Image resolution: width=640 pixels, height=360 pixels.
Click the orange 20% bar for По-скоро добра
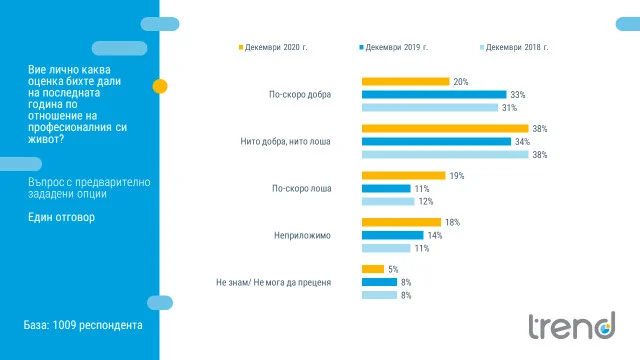coord(405,82)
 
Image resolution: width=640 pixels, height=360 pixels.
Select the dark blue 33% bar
coord(434,95)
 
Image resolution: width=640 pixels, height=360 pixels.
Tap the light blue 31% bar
coord(430,108)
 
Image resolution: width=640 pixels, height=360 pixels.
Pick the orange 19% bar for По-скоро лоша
coord(403,176)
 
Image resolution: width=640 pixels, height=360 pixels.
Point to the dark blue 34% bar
coord(436,142)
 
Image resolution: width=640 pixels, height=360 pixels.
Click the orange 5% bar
coord(373,269)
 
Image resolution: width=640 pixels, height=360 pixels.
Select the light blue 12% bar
coord(388,201)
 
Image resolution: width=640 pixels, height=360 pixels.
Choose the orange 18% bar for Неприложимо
coord(401,222)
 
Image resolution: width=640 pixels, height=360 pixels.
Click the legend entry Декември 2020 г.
coord(273,47)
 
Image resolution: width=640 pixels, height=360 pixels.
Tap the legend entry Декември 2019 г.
coord(394,47)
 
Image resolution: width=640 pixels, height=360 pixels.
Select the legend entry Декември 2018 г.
coord(514,47)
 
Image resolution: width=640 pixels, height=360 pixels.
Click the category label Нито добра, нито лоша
coord(285,142)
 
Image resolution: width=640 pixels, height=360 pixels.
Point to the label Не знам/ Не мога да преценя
coord(273,282)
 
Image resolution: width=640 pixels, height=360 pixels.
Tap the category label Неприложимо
coord(302,236)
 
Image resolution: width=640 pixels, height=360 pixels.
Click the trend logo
coord(572,326)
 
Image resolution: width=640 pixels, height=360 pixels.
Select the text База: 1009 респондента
coord(83,325)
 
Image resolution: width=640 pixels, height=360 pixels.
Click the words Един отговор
coord(61,217)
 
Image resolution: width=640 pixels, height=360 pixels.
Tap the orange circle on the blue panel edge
coord(160,86)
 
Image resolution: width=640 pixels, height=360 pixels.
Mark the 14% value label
coord(435,236)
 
